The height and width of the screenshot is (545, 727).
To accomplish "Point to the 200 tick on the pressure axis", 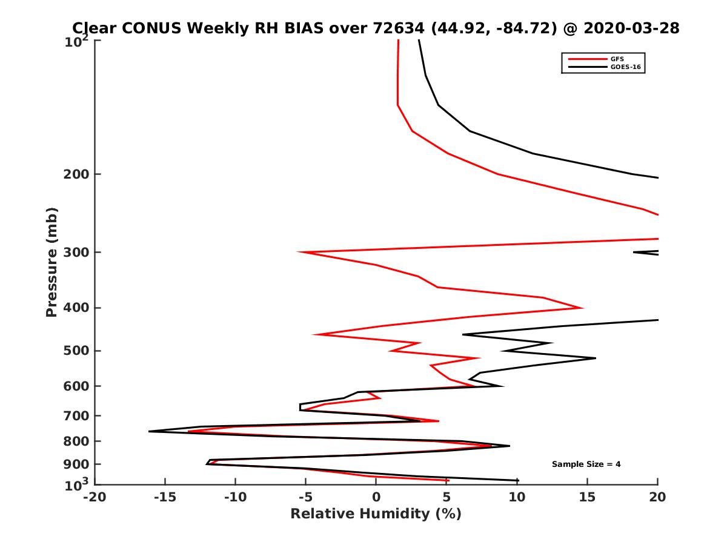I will tap(77, 174).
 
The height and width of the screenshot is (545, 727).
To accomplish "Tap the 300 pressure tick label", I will tap(77, 252).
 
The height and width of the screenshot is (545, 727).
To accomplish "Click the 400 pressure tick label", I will tap(77, 308).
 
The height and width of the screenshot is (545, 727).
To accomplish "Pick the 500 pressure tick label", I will tap(77, 351).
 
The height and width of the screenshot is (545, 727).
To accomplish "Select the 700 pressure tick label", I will tap(77, 415).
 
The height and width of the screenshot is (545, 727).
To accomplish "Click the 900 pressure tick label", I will tap(77, 464).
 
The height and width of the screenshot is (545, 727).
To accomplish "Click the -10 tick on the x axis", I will tap(235, 497).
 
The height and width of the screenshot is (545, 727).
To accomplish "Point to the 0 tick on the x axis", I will tap(376, 497).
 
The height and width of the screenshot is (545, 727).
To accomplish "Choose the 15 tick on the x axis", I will tap(587, 497).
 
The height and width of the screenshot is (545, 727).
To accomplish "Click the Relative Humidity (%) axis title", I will tap(376, 514).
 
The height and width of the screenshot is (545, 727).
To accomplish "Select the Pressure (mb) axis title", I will tap(51, 262).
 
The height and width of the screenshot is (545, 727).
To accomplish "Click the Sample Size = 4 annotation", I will tap(586, 464).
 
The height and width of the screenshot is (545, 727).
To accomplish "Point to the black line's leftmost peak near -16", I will tap(150, 431).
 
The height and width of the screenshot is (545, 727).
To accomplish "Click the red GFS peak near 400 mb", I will tap(582, 308).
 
